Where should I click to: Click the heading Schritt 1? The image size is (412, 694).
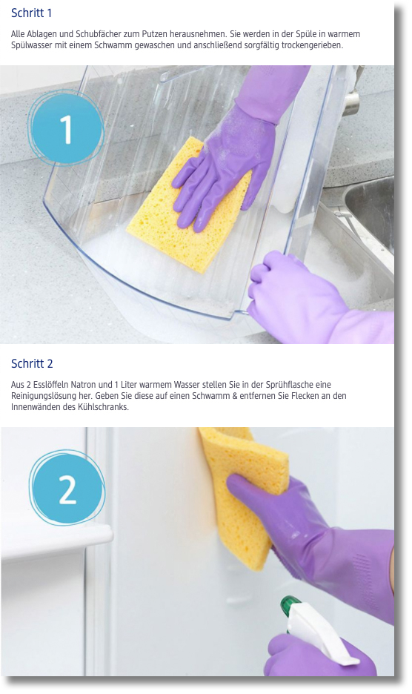[31, 13]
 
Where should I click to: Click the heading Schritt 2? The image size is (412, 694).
[32, 364]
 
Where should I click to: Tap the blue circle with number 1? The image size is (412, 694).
[67, 128]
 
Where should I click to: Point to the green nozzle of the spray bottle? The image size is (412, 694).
[290, 603]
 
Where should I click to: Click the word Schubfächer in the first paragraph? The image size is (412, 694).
[95, 35]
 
